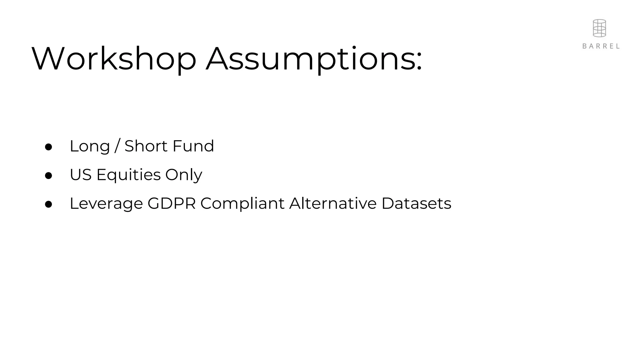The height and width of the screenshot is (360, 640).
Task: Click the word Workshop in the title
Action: [x=114, y=59]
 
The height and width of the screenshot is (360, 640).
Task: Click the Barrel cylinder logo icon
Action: [x=599, y=28]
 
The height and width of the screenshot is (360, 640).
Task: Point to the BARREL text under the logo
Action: [x=601, y=46]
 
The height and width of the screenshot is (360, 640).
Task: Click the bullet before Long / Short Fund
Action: [x=48, y=147]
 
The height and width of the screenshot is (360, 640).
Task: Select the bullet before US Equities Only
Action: [x=48, y=176]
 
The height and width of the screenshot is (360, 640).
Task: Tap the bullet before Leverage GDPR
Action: [x=48, y=204]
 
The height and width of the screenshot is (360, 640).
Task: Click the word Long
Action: [x=90, y=146]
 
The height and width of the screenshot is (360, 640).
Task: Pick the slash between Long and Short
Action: [x=117, y=146]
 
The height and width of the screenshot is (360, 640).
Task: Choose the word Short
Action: [x=146, y=146]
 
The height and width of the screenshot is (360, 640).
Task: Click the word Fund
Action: [x=193, y=146]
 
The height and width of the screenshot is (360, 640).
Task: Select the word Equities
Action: [x=129, y=175]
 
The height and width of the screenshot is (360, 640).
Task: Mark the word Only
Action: [x=184, y=175]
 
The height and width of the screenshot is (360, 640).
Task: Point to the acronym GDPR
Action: [x=172, y=203]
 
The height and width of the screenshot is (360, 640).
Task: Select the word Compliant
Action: [x=242, y=204]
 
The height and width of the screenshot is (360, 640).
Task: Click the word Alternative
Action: [x=333, y=203]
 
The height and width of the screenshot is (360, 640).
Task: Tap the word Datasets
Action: [x=416, y=203]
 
